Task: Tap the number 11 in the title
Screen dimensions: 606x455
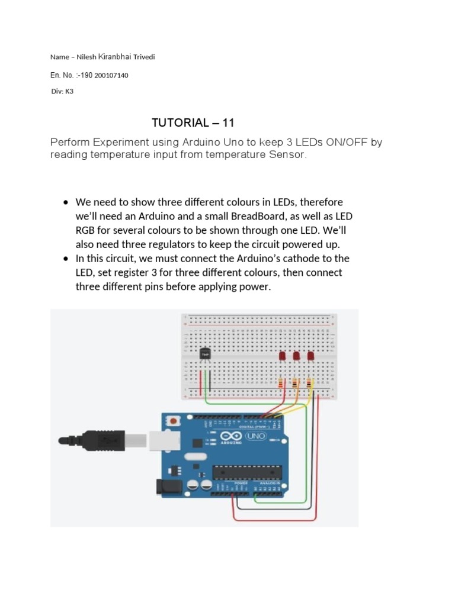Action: [229, 123]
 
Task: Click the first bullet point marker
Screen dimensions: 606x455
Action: [66, 202]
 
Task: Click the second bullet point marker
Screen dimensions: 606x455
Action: [66, 259]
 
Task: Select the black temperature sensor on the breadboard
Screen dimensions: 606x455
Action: [206, 353]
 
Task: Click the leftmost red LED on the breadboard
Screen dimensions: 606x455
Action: [282, 356]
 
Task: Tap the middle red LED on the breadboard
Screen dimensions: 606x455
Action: [296, 356]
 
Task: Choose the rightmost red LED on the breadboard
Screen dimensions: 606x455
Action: [310, 356]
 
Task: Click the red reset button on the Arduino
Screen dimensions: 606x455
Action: [174, 421]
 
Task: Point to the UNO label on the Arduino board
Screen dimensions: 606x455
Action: [259, 437]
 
